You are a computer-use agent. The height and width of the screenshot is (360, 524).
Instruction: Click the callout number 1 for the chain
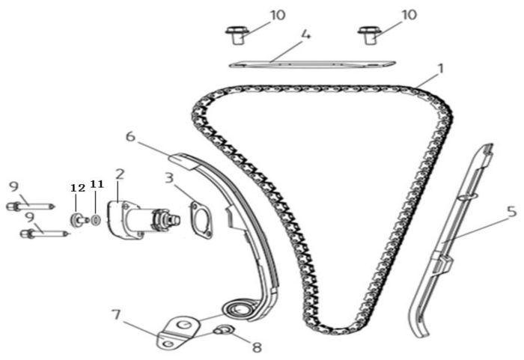coord(441,68)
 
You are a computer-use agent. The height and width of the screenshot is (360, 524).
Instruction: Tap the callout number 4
coord(305,34)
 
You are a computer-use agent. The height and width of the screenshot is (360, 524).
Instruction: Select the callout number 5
coord(511,212)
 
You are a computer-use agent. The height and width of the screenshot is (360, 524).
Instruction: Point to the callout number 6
coord(130,137)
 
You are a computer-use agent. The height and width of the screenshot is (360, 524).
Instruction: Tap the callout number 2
coord(120,174)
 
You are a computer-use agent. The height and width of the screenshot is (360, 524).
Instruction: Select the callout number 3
coord(169,179)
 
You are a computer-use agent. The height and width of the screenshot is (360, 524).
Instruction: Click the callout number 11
coord(97,184)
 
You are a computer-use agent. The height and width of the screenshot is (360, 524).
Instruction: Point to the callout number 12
coord(78,187)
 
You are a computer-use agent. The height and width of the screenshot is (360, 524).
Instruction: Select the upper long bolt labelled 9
coord(30,204)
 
